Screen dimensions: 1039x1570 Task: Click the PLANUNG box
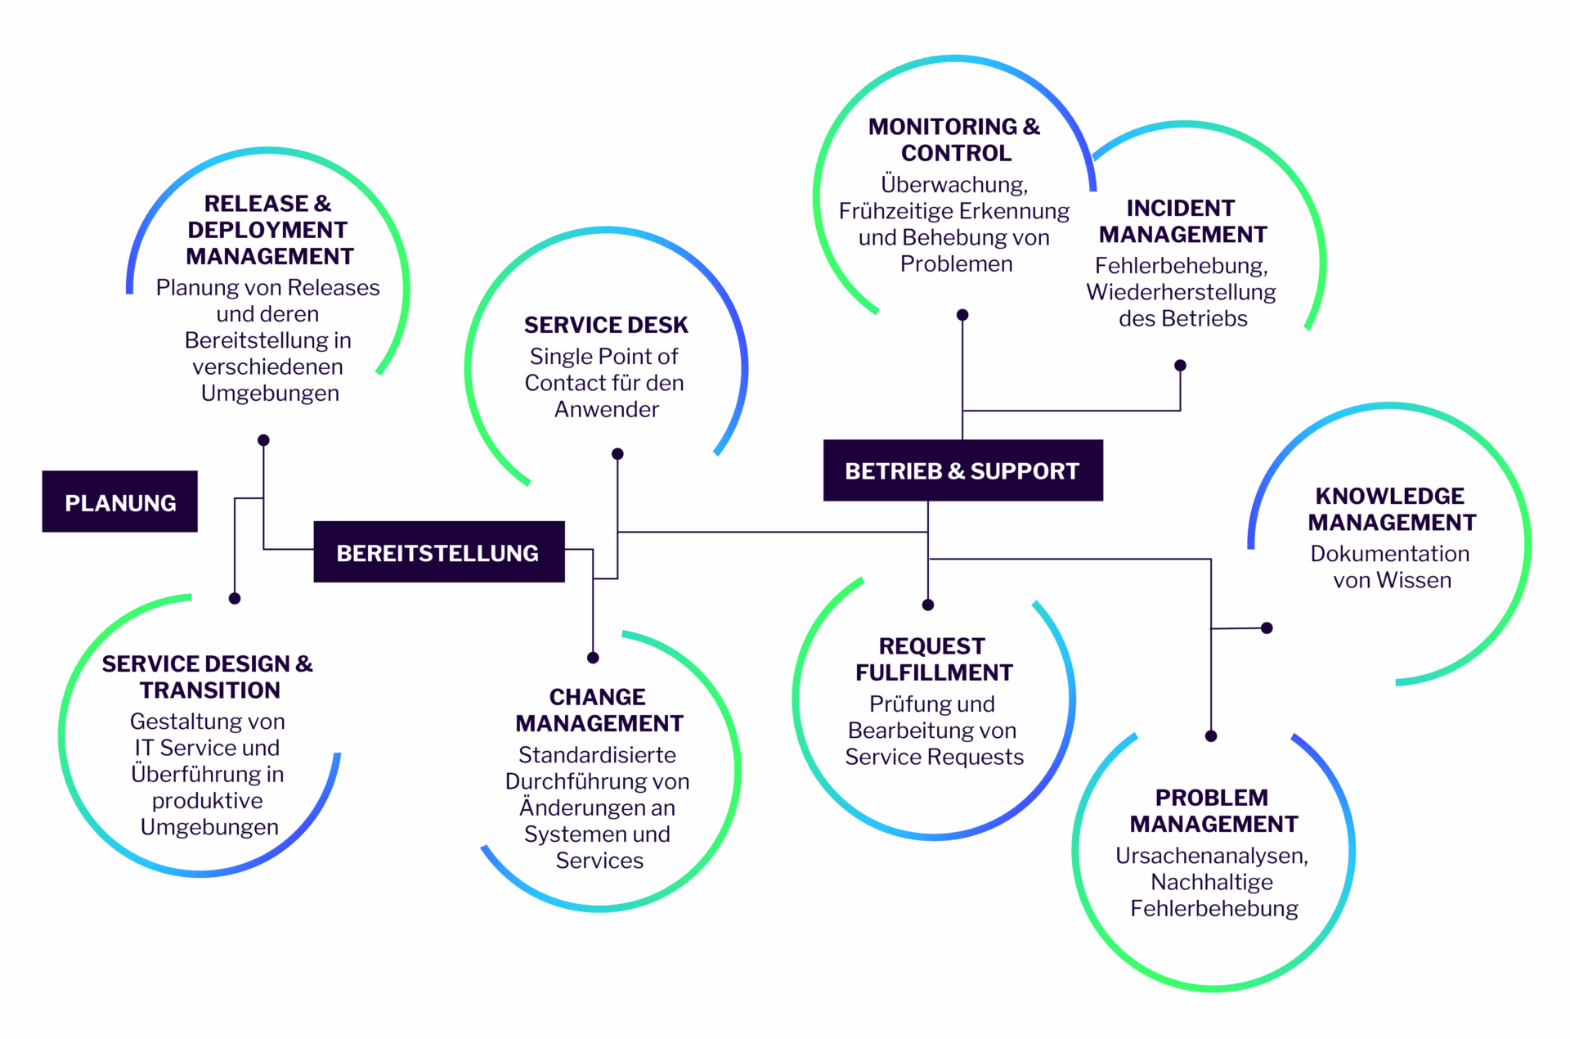point(119,502)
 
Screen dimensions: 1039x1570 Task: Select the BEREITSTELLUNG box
point(438,552)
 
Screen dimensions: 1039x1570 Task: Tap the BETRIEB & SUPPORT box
point(962,470)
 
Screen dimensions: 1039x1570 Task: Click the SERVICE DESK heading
point(606,325)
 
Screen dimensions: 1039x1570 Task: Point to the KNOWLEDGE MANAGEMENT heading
point(1391,509)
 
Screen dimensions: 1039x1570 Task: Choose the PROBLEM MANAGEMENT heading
point(1213,810)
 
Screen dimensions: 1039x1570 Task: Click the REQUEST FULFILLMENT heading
point(933,659)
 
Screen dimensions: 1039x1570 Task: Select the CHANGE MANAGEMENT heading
point(599,709)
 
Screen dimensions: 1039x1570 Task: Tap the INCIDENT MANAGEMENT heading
point(1182,221)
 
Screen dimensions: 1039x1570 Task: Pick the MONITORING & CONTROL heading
point(954,139)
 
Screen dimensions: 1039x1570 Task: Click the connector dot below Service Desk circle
point(617,454)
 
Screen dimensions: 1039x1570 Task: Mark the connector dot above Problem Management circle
point(1211,736)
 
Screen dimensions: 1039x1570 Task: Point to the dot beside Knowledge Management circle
point(1267,628)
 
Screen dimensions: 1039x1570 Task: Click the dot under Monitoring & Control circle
point(962,315)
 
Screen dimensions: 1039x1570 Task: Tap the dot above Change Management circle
point(593,658)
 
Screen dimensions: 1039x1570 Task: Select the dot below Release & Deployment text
point(263,440)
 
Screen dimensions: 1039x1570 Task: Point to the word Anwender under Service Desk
point(606,409)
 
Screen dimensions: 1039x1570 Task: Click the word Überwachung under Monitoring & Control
point(953,184)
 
